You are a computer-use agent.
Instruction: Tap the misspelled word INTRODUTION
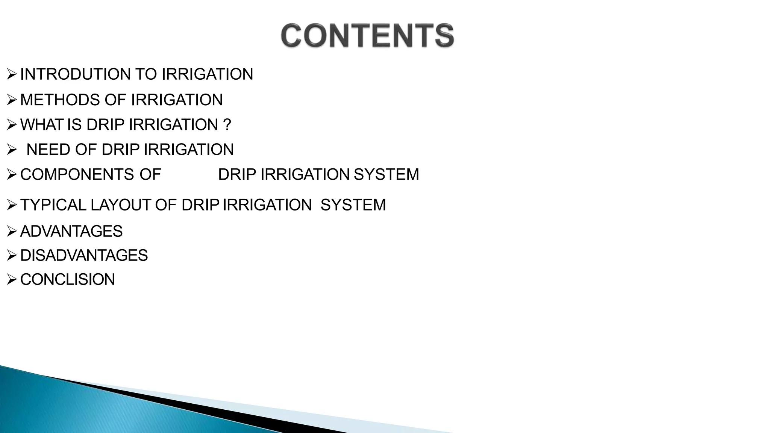75,74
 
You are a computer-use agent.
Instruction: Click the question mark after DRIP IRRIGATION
227,125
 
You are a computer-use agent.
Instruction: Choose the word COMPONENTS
77,174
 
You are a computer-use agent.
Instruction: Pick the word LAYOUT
121,205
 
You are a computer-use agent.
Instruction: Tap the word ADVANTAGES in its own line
71,231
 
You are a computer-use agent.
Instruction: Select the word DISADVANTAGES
84,256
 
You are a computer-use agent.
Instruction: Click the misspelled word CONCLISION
67,280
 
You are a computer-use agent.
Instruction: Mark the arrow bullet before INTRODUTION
12,74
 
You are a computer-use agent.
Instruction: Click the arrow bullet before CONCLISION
12,280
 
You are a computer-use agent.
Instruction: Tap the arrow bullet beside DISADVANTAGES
12,256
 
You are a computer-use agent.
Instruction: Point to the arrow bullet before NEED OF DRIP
12,150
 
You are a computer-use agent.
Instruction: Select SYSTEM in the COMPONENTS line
386,174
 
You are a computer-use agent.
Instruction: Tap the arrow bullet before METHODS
12,100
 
